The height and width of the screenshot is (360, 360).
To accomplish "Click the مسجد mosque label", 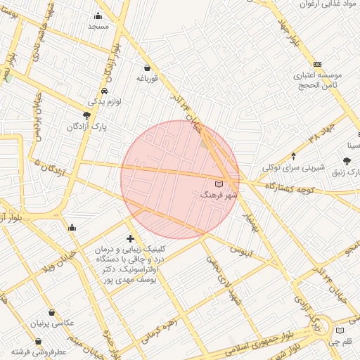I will [98, 26].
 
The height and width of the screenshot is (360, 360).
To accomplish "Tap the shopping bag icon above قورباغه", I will [146, 67].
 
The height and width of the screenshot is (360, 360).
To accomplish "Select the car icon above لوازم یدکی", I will [104, 91].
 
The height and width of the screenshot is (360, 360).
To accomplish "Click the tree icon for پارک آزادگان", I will [86, 115].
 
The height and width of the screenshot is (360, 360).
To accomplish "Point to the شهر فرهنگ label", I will [219, 193].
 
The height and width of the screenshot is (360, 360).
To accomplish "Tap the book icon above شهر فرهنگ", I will [217, 184].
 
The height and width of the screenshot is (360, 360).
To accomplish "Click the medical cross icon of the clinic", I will [130, 238].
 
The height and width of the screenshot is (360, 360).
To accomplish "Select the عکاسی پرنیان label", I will [51, 324].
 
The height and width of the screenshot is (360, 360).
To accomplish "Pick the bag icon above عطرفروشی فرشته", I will [38, 341].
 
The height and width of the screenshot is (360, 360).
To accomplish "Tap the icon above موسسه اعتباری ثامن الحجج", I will [317, 64].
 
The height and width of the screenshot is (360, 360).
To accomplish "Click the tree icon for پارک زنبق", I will [347, 162].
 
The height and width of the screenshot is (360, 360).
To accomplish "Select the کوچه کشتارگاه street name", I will [289, 188].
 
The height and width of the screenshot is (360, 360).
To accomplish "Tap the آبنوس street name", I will [242, 250].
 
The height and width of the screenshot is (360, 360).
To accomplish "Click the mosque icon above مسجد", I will [98, 16].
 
